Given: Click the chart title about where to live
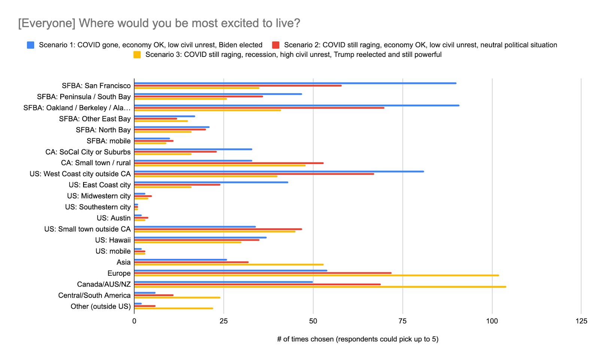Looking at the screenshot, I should tap(159, 23).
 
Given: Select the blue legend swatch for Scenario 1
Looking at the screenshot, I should tap(31, 45).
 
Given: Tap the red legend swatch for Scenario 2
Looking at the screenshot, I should tap(276, 45).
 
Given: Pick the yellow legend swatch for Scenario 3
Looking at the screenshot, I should tap(137, 55).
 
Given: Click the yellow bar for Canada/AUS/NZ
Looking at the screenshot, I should tap(320, 287).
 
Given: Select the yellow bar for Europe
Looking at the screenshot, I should tap(316, 275).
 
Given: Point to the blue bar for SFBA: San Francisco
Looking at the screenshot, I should tap(295, 83).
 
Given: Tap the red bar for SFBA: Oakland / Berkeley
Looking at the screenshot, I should tap(259, 108).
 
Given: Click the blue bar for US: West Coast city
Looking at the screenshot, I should tap(279, 171).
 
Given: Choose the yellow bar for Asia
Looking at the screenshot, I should tap(229, 265).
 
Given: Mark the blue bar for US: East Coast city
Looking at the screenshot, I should tap(211, 182).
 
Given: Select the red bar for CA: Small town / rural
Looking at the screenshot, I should tap(229, 163).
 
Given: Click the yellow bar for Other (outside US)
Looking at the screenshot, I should tap(174, 308).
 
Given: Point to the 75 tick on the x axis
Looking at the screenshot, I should tap(402, 321).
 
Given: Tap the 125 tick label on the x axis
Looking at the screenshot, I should tap(581, 321).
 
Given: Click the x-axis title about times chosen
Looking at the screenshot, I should tap(358, 339).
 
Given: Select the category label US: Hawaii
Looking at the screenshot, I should tap(113, 240).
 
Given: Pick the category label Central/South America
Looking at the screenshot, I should tap(94, 295).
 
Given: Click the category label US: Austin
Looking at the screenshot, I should tap(114, 218).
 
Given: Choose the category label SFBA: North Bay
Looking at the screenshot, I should tap(103, 130).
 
